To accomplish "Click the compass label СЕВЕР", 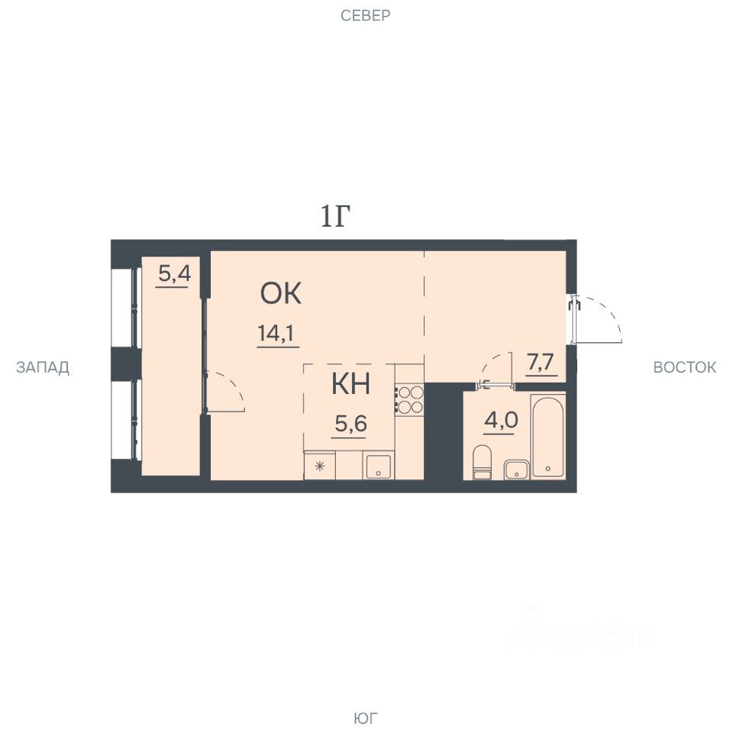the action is pos(365,15).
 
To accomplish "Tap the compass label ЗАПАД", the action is pos(43,367).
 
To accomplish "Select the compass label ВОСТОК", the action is pos(684,367).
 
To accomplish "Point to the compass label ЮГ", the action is pos(366,718).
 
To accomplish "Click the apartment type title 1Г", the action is pos(335,216).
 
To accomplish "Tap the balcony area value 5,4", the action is pos(174,273).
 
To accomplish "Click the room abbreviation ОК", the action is pos(280,293).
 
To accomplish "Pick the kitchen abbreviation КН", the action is pos(350,384).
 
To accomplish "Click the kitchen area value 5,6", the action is pos(350,424).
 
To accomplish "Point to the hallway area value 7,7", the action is pos(540,362).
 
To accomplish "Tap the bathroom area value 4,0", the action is pos(501,420).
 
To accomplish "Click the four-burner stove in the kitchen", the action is pos(409,399).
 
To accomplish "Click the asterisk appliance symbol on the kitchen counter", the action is pos(320,466).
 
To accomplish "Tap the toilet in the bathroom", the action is pos(482,463).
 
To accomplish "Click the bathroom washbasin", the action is pos(517,470).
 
